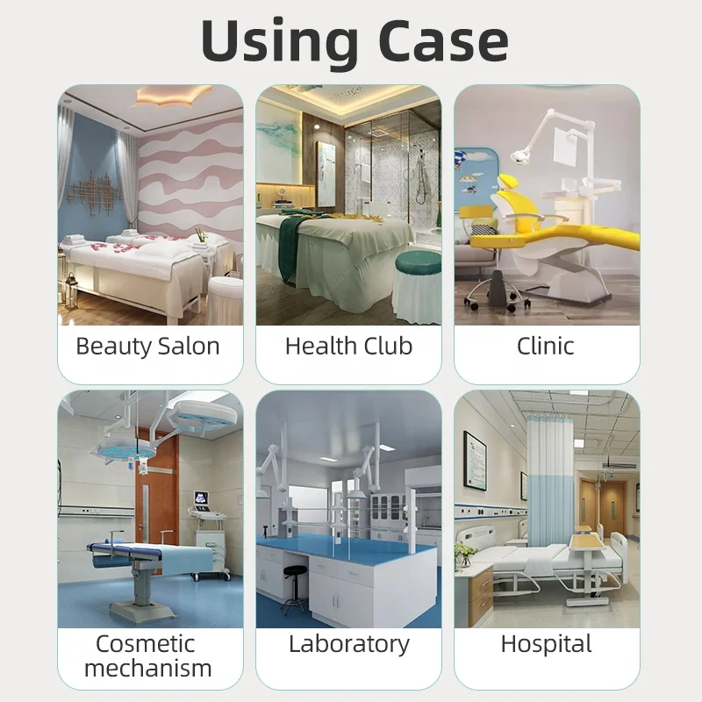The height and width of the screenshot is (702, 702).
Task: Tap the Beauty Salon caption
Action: (x=147, y=346)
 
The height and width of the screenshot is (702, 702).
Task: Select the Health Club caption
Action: (x=348, y=346)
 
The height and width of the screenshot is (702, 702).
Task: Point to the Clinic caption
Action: (x=546, y=346)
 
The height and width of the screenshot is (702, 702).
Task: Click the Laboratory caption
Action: (x=348, y=644)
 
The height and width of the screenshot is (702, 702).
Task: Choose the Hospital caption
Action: (x=546, y=644)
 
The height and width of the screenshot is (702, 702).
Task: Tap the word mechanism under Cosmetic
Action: (x=147, y=669)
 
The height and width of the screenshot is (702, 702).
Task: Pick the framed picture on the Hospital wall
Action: (x=477, y=461)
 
